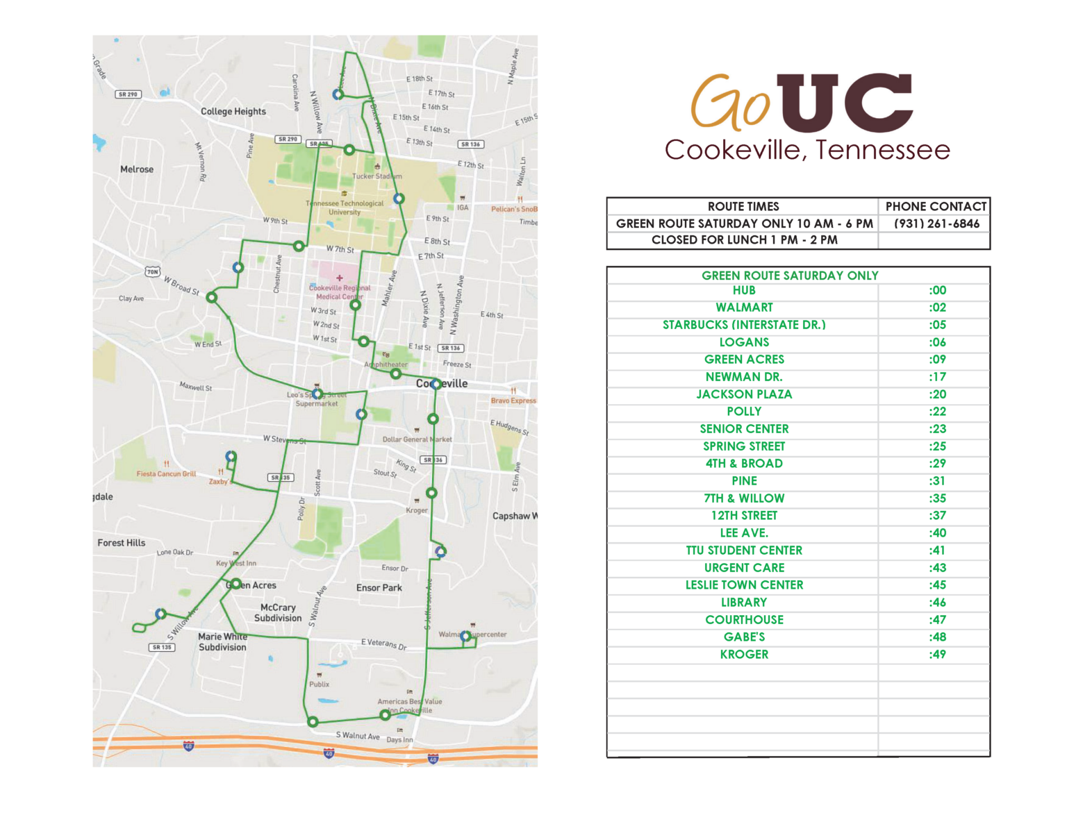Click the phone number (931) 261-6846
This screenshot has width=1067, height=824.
(x=936, y=224)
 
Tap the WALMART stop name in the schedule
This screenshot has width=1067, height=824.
(x=744, y=308)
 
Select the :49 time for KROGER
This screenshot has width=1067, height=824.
(x=937, y=654)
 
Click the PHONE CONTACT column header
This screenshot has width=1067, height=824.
(x=936, y=206)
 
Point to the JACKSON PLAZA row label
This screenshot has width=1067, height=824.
(x=744, y=394)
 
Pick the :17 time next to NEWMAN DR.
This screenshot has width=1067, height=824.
(x=937, y=377)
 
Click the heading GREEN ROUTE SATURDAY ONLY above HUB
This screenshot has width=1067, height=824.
(x=790, y=276)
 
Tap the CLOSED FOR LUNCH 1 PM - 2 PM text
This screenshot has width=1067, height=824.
(x=744, y=240)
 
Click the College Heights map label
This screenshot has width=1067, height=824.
(x=233, y=111)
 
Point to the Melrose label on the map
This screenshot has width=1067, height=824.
(x=137, y=169)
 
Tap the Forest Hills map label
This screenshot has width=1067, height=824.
(x=122, y=543)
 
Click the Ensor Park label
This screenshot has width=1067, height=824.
(x=379, y=588)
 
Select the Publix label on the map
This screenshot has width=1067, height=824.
(x=320, y=684)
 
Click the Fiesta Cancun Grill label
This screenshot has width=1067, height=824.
(x=167, y=474)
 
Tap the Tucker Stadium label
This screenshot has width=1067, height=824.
(x=377, y=176)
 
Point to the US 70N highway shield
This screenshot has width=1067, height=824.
(x=153, y=271)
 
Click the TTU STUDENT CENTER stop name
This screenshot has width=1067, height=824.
(x=744, y=550)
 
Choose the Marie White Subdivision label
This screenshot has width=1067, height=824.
(x=222, y=642)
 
